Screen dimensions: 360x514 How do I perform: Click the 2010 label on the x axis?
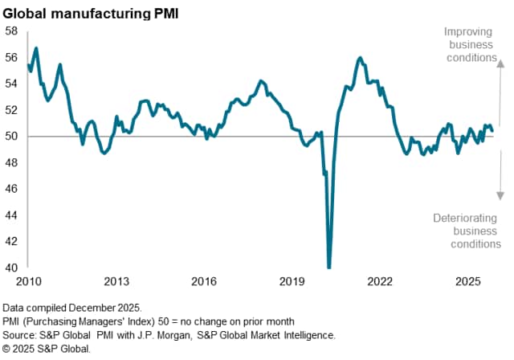tap(29, 282)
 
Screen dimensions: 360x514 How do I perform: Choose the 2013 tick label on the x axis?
tap(116, 282)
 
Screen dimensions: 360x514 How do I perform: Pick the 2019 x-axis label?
tap(292, 282)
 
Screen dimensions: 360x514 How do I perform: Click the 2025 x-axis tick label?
tap(467, 282)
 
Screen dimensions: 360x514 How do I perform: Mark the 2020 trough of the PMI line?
tap(329, 266)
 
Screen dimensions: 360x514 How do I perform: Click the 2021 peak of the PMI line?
tap(360, 58)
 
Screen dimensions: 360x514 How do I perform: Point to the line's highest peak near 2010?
tap(36, 48)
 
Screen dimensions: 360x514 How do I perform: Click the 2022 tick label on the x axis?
tap(380, 282)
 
